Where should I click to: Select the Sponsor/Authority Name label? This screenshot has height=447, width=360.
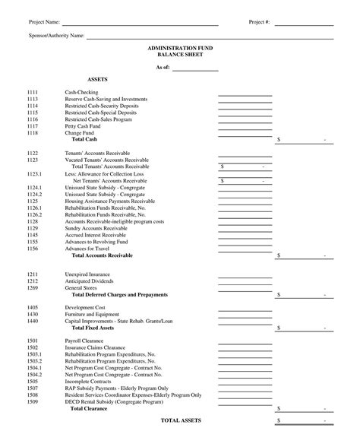pyautogui.click(x=56, y=36)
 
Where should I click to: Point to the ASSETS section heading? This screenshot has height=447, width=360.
pyautogui.click(x=98, y=79)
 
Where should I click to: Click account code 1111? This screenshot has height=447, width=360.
pyautogui.click(x=33, y=92)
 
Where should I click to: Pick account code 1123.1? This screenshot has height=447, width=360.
pyautogui.click(x=34, y=173)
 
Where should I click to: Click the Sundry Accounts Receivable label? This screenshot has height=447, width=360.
pyautogui.click(x=96, y=228)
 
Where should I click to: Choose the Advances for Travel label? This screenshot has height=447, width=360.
pyautogui.click(x=87, y=249)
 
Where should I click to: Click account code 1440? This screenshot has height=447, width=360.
pyautogui.click(x=33, y=321)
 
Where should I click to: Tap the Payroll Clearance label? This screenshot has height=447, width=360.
pyautogui.click(x=84, y=341)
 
